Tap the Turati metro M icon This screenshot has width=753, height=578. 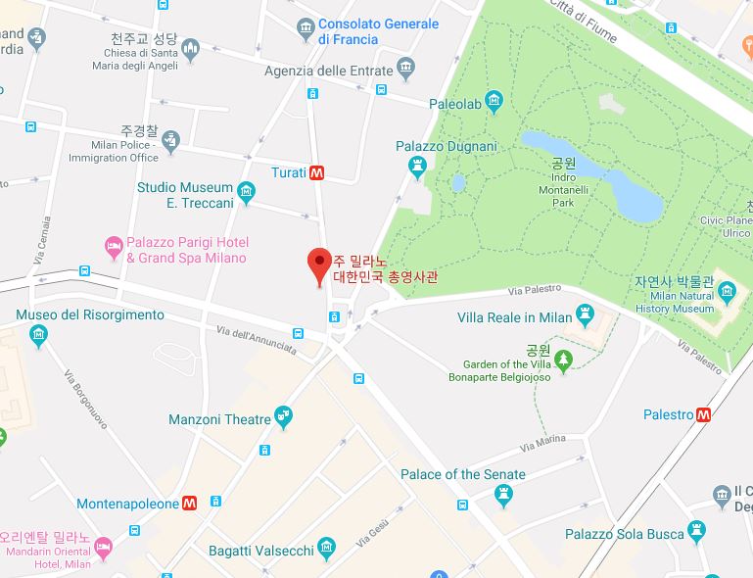coord(316,172)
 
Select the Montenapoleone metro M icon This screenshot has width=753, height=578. coord(190,503)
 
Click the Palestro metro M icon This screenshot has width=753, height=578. coord(703,414)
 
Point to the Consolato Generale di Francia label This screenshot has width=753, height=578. coord(378,31)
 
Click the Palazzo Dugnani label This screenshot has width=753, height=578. coord(446,146)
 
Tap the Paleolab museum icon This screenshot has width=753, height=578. coord(494,102)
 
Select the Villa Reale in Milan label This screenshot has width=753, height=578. coord(514,317)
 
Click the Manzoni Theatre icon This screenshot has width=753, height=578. coord(284,418)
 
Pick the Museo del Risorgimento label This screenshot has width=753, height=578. coord(90,314)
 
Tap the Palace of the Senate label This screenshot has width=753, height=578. coord(462,474)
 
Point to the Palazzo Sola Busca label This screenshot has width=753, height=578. coord(623,534)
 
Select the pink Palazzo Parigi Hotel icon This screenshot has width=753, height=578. coord(114,243)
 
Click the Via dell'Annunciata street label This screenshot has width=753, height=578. coord(257,340)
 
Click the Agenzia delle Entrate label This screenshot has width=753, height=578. coord(328,71)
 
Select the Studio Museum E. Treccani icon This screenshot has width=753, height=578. coord(246,193)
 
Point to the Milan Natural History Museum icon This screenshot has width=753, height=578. coord(727,291)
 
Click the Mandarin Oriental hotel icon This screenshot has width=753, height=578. coord(104,545)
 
